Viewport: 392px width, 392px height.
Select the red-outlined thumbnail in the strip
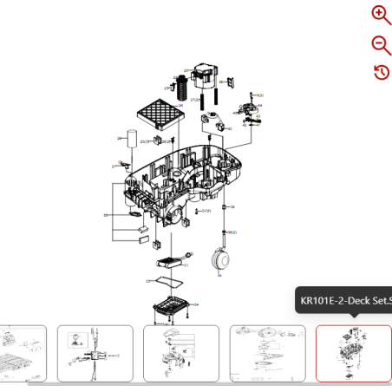pyautogui.click(x=353, y=354)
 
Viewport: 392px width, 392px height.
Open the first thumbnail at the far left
pyautogui.click(x=23, y=354)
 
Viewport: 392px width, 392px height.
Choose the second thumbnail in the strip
pyautogui.click(x=95, y=354)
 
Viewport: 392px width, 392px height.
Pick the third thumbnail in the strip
pyautogui.click(x=181, y=354)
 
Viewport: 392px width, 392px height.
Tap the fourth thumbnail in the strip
pyautogui.click(x=267, y=354)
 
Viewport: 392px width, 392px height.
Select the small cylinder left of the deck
pyautogui.click(x=131, y=140)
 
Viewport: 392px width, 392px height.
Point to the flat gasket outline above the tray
pyautogui.click(x=164, y=282)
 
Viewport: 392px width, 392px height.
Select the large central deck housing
pyautogui.click(x=182, y=182)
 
